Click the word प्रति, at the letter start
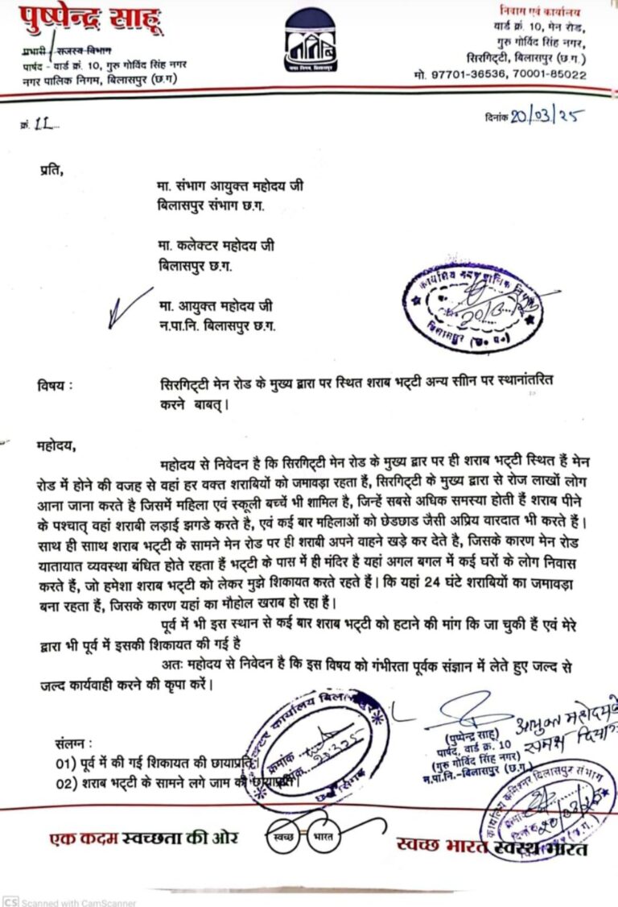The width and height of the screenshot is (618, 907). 50,171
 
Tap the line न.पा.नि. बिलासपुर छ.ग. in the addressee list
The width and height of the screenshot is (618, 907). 217,325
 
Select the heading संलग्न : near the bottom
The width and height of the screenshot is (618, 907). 75,741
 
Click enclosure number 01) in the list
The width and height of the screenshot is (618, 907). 65,762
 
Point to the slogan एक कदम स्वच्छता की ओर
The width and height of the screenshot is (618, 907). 144,839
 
